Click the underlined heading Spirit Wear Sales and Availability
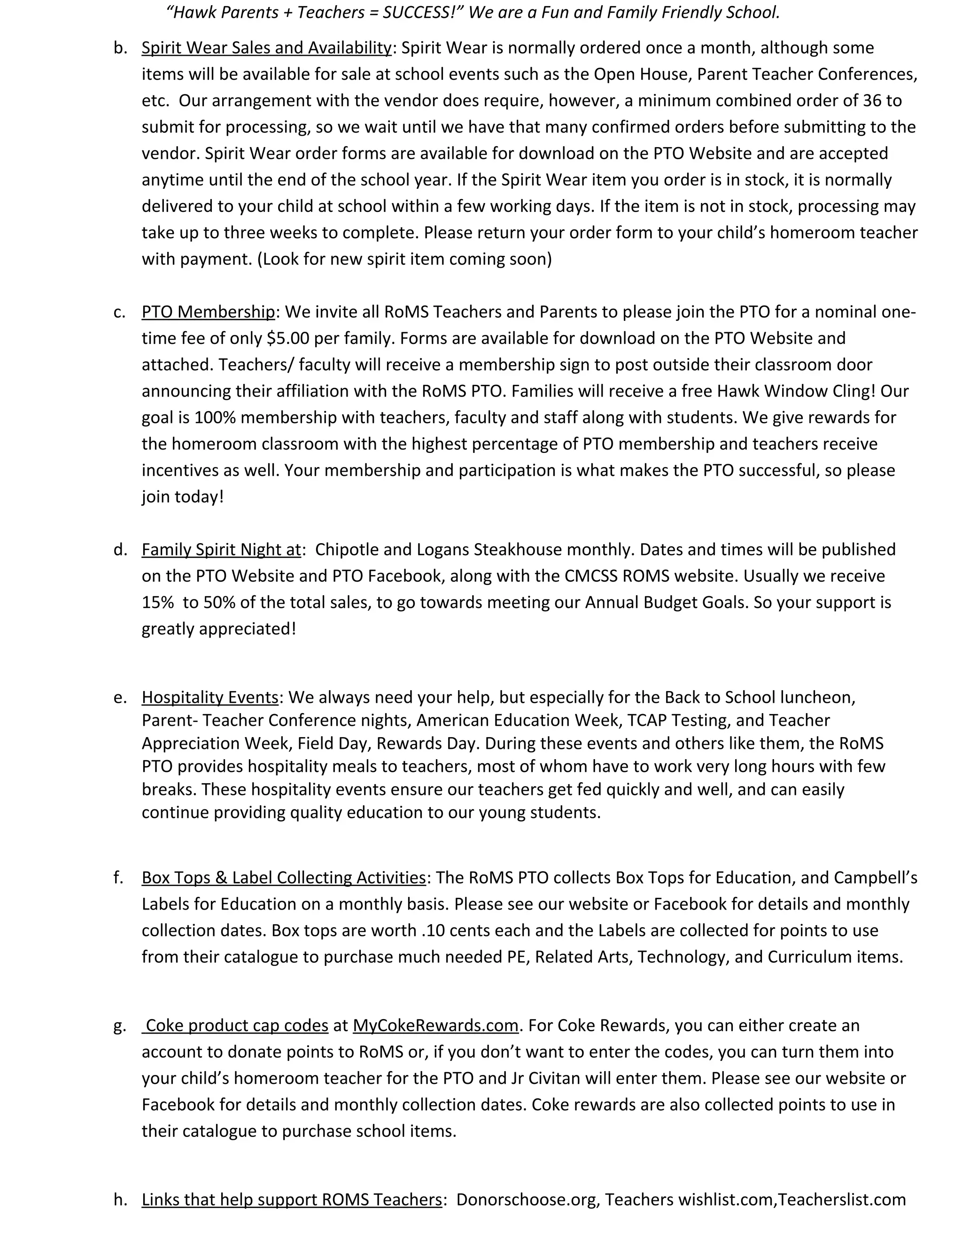tap(266, 48)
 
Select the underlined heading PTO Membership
tap(208, 312)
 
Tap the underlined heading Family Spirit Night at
tap(221, 550)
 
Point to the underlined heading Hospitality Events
tap(209, 697)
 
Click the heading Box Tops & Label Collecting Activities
tap(283, 877)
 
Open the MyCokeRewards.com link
tap(435, 1026)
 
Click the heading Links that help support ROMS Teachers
tap(291, 1200)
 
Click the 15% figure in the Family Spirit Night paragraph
tap(157, 603)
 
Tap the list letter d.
tap(119, 550)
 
